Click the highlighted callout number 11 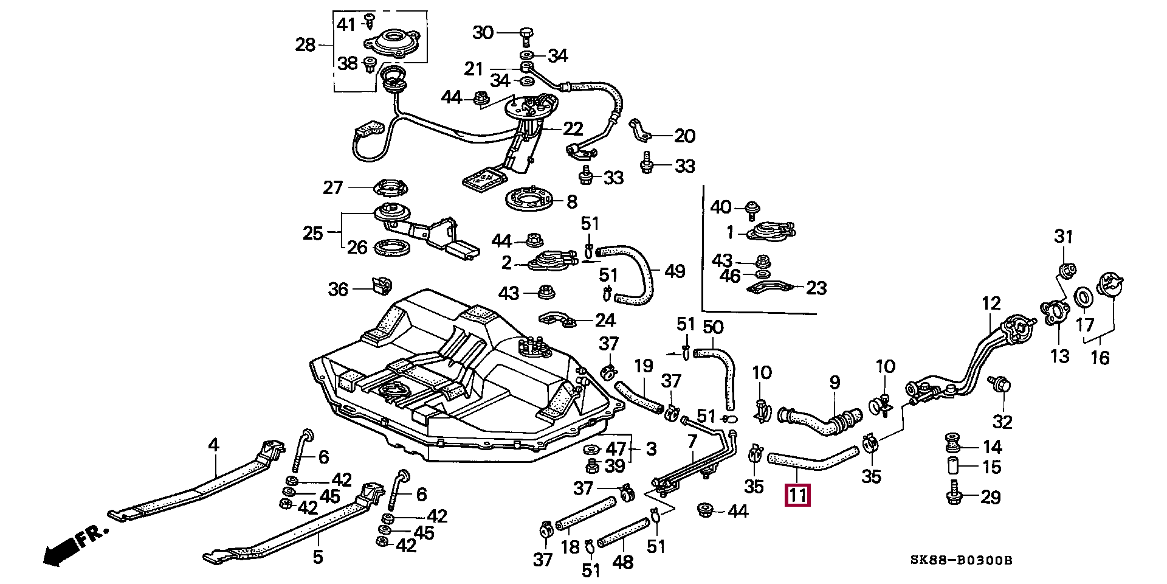coord(797,496)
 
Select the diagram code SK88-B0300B coord(961,560)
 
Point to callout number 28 coord(305,44)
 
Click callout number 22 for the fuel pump coord(573,129)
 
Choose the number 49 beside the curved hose coord(675,271)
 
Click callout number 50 coord(712,327)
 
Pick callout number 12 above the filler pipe coord(991,303)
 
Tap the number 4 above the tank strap coord(213,445)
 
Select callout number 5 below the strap coord(317,556)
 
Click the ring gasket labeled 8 coord(530,200)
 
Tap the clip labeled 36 coord(382,285)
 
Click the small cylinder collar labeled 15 coord(952,467)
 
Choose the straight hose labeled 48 coord(623,532)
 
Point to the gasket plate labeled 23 coord(769,287)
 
